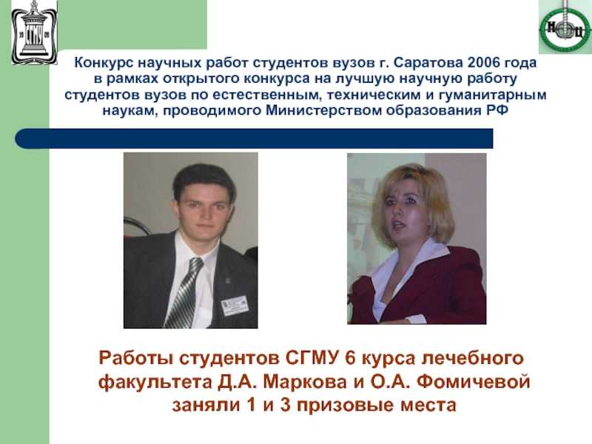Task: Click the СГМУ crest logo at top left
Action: point(34,33)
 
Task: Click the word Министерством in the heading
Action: point(323,111)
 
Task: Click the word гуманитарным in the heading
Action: point(492,95)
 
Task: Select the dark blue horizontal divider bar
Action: point(254,138)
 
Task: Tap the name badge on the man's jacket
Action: point(235,306)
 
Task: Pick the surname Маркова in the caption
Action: point(305,382)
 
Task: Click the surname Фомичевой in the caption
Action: point(474,382)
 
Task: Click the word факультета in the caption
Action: point(155,383)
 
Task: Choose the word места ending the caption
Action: point(428,406)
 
